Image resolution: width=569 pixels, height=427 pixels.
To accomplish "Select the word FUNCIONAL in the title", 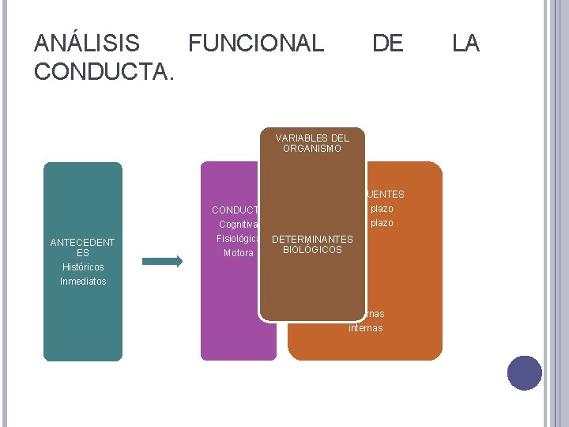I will pos(256,43).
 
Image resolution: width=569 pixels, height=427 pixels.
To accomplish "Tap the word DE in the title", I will pos(387,43).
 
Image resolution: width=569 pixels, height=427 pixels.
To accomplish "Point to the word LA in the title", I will pos(465,43).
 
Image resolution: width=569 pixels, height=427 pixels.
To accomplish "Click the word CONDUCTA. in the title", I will pos(104,71).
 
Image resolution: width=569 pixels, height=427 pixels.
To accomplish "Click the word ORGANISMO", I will pos(312,149).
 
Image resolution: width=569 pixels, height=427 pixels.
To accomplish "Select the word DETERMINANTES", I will pos(312,239).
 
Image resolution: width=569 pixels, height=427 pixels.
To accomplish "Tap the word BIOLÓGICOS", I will pos(312,250).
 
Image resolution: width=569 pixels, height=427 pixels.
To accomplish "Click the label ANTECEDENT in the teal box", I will pos(83,243).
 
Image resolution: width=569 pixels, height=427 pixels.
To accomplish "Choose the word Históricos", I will pos(83,267).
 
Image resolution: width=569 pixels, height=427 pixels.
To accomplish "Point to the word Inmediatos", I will pos(83,281).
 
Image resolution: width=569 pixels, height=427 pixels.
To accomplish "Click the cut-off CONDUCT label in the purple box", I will pos(236,210).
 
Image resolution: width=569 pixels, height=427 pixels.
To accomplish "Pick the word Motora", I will pos(239,253).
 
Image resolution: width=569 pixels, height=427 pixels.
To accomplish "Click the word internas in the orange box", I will pos(365,327).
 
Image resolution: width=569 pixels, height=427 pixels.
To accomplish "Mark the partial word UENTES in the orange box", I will pos(386,195).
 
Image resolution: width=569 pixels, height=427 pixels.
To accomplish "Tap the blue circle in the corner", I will pos(525,373).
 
